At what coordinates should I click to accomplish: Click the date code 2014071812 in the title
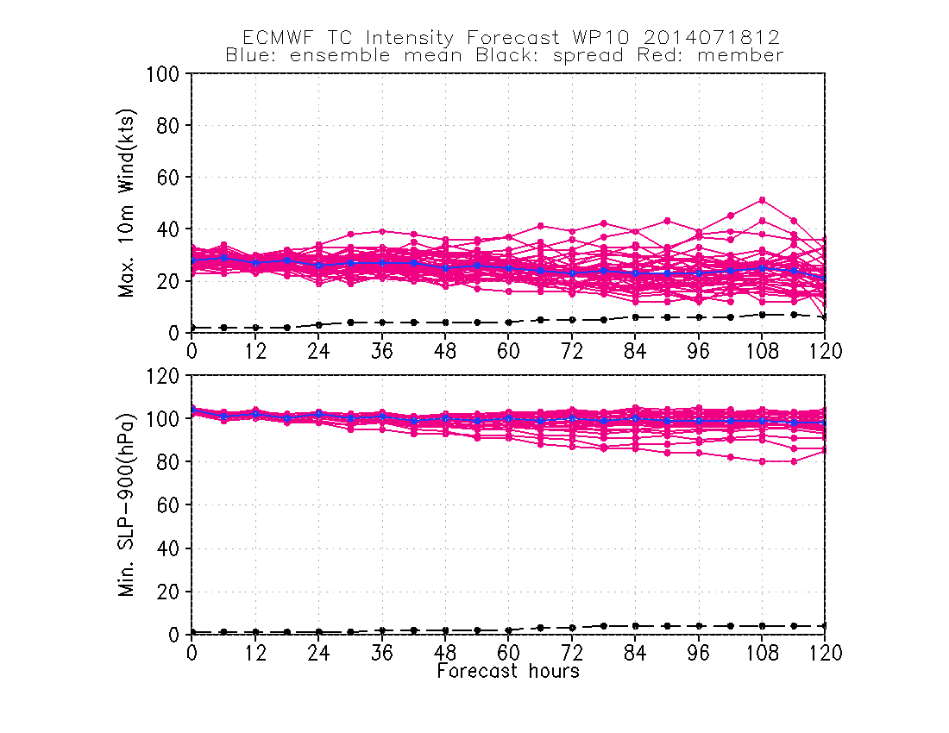(718, 38)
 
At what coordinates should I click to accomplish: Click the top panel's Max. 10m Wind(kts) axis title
(128, 203)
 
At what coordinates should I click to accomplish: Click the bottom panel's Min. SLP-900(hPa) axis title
(128, 504)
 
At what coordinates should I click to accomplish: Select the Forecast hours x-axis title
(508, 671)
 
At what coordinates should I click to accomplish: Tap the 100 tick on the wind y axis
(164, 74)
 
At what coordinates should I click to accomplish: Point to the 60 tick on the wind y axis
(169, 178)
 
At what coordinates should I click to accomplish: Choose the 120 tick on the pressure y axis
(164, 376)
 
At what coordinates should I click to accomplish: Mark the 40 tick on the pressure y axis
(169, 548)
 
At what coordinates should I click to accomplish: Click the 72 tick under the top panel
(572, 351)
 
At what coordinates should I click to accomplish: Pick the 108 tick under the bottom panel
(762, 653)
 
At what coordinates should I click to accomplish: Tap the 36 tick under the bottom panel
(381, 653)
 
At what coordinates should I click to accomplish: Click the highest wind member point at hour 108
(762, 200)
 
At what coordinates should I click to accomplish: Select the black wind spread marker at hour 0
(192, 328)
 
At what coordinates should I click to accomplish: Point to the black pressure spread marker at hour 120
(825, 625)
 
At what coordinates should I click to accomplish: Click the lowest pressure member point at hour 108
(762, 461)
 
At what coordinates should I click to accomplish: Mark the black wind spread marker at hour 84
(635, 317)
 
